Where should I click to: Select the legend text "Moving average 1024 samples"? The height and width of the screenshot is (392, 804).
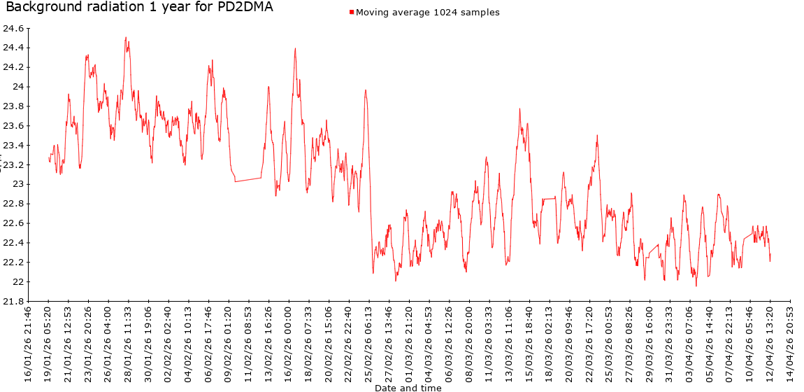click(428, 13)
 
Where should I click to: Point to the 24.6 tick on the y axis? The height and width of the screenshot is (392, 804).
click(13, 29)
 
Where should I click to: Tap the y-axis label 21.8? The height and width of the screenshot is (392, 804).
click(13, 302)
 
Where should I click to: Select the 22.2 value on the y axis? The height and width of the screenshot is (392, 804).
click(13, 262)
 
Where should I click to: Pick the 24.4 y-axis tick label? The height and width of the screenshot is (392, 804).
click(13, 48)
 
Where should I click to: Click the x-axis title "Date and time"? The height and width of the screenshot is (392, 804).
click(408, 387)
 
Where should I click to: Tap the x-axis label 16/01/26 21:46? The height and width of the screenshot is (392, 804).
click(28, 343)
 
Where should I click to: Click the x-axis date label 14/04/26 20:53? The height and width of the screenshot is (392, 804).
click(790, 343)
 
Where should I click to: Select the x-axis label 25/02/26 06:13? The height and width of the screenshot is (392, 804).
click(369, 343)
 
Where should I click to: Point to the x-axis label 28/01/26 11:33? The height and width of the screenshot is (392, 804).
click(129, 343)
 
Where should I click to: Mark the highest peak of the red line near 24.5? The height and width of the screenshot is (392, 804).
click(126, 38)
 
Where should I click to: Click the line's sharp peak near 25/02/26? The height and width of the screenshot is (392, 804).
click(365, 90)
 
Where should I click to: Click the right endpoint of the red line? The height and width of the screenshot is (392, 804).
click(770, 260)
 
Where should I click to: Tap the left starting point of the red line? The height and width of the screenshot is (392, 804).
click(48, 160)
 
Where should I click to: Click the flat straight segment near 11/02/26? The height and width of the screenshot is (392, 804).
click(248, 179)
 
